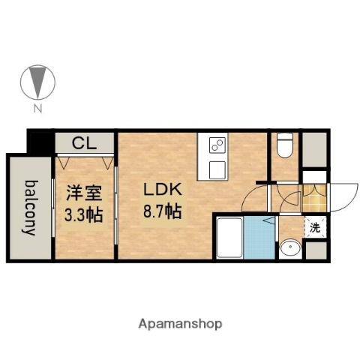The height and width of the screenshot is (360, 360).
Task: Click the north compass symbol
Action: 35,82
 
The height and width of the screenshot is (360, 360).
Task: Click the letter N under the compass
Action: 35,109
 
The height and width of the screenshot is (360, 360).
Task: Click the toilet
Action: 284,146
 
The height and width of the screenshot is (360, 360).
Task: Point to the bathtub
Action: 228,236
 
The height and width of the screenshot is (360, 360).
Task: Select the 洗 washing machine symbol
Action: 316,227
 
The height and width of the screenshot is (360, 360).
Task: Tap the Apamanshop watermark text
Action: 180,324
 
